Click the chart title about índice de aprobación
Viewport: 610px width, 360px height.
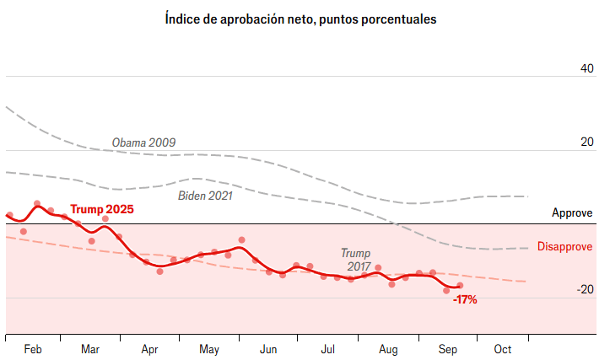click(301, 19)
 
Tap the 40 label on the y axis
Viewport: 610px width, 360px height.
click(586, 68)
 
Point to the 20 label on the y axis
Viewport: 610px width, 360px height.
click(586, 142)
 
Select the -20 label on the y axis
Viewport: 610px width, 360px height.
click(585, 289)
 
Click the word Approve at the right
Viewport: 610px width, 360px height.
click(572, 213)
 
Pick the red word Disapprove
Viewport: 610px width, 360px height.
click(564, 247)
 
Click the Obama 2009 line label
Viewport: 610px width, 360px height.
click(143, 142)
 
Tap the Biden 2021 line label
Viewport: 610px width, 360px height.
click(205, 196)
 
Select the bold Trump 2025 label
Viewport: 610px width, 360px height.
click(101, 209)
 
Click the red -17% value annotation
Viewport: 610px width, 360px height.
click(465, 299)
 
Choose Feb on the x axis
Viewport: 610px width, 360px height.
click(34, 349)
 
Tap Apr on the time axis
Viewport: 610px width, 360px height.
click(149, 349)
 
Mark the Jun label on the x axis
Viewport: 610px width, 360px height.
click(268, 349)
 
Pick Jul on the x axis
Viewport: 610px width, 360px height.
click(327, 349)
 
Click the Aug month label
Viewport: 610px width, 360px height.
click(387, 349)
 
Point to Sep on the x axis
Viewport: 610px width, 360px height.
click(447, 349)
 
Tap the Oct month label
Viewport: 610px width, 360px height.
click(503, 349)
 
